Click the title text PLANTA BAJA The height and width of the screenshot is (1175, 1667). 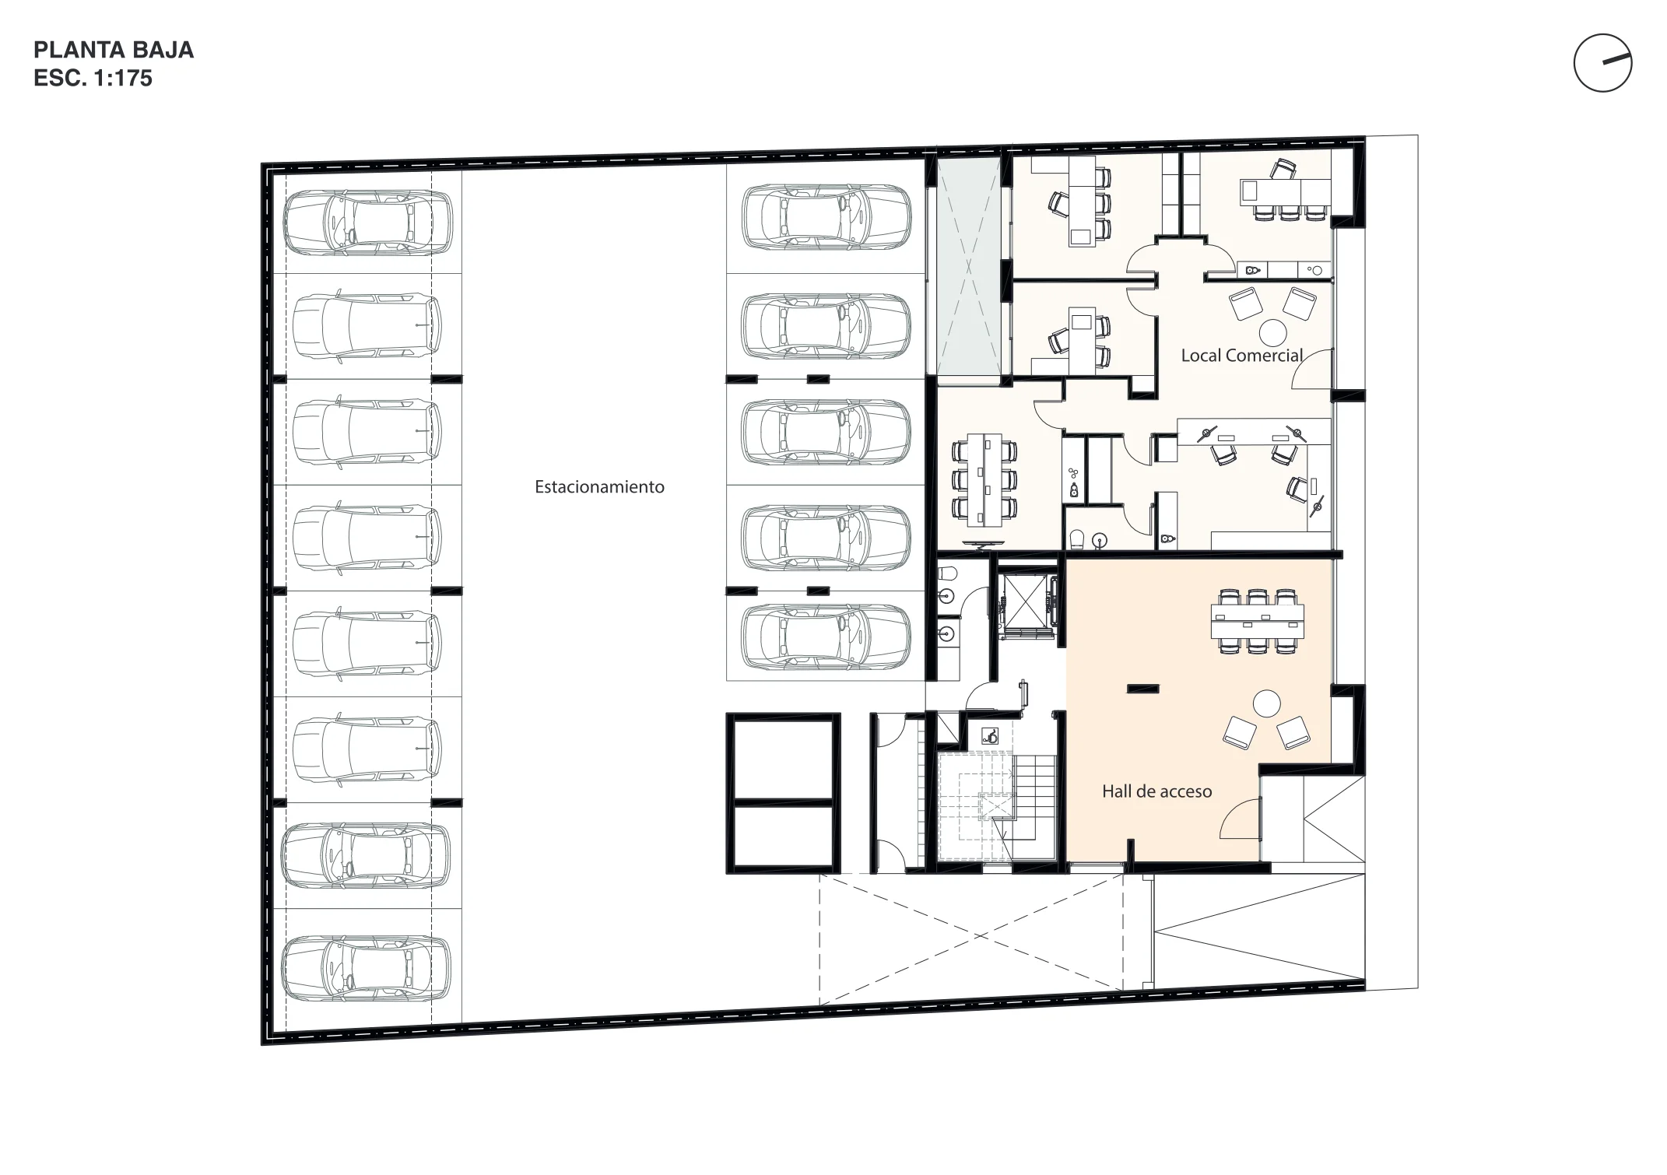pyautogui.click(x=114, y=50)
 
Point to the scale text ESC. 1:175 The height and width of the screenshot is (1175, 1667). pyautogui.click(x=93, y=79)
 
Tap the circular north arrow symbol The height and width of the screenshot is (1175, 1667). pyautogui.click(x=1602, y=64)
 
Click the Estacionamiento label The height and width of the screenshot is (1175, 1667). pyautogui.click(x=599, y=487)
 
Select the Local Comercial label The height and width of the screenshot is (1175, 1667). pyautogui.click(x=1241, y=356)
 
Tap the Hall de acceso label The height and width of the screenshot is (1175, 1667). pyautogui.click(x=1156, y=791)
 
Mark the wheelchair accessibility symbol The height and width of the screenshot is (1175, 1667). pyautogui.click(x=990, y=735)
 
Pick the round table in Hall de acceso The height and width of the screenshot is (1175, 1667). pyautogui.click(x=1267, y=704)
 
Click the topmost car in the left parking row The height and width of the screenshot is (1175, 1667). pyautogui.click(x=367, y=223)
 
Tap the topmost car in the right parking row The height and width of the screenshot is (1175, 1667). pyautogui.click(x=826, y=218)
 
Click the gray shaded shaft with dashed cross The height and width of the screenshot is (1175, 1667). pyautogui.click(x=968, y=266)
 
